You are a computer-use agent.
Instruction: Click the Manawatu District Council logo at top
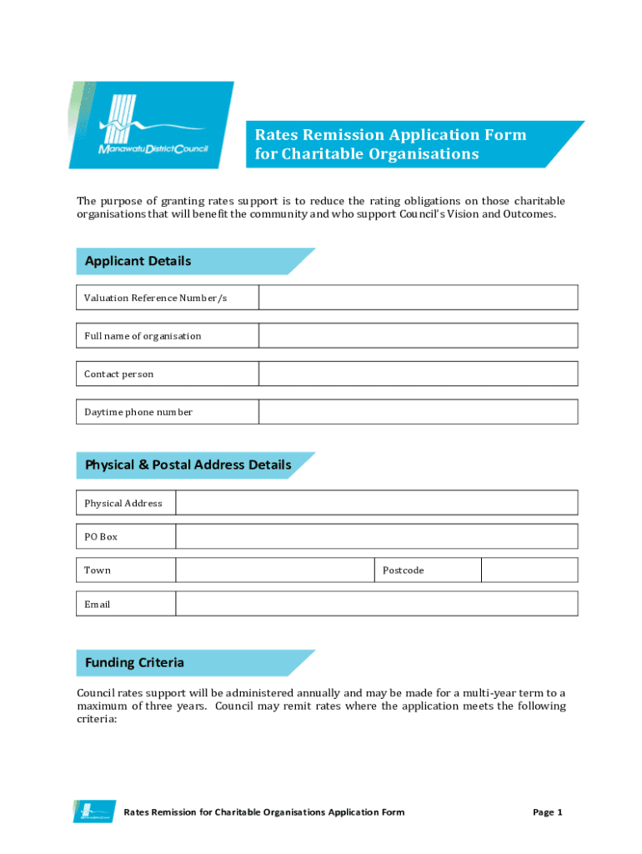(152, 125)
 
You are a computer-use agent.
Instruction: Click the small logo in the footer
(93, 811)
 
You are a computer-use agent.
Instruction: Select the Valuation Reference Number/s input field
(418, 298)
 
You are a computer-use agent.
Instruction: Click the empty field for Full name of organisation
(418, 336)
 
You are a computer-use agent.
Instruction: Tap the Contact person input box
(418, 374)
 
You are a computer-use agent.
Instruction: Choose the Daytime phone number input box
(418, 412)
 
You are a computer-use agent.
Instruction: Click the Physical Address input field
(376, 503)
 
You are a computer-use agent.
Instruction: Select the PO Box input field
(376, 536)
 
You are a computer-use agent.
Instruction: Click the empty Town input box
(274, 570)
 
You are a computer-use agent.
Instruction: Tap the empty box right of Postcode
(529, 570)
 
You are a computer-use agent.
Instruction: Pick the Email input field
(376, 604)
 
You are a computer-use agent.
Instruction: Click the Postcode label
(403, 570)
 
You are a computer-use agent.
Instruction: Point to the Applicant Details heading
(138, 261)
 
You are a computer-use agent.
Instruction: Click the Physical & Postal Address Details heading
(188, 465)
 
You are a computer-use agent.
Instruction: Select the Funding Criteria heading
(134, 663)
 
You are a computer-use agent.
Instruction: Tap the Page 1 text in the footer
(548, 812)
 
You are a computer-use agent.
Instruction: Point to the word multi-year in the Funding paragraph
(486, 693)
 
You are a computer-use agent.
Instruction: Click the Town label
(98, 570)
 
